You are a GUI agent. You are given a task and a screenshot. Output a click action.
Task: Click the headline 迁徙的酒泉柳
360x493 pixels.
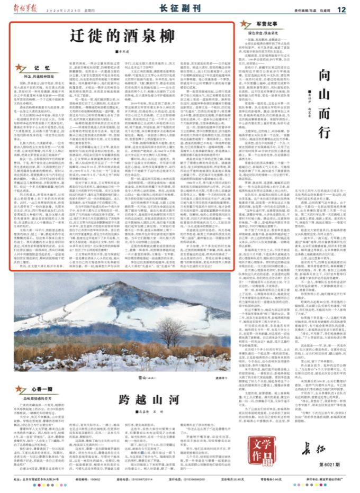pos(122,36)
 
